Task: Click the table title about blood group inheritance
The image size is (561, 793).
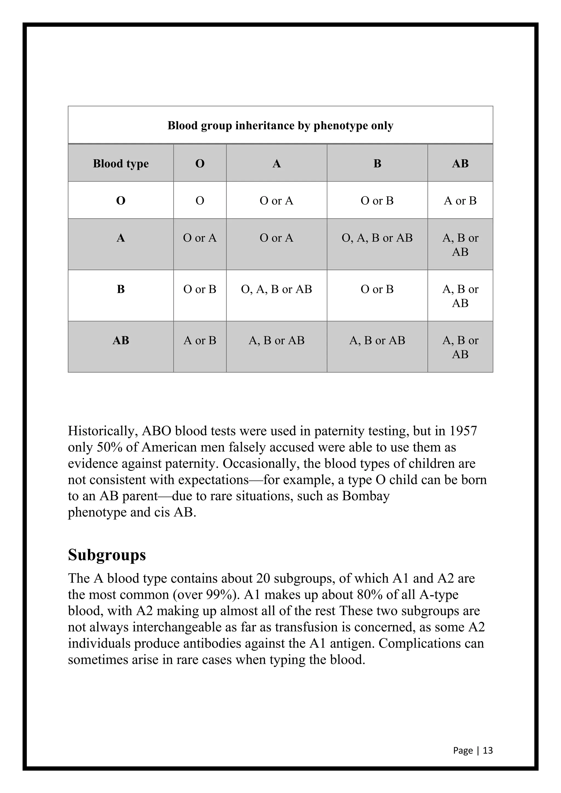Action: [280, 126]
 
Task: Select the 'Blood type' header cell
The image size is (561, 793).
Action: [121, 163]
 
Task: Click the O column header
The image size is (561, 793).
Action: [200, 163]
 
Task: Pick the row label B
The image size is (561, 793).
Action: [121, 289]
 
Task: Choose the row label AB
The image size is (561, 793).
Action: [121, 341]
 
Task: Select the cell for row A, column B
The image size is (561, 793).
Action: [377, 238]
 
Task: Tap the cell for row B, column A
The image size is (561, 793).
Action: [276, 289]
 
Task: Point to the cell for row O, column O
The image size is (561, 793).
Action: [200, 201]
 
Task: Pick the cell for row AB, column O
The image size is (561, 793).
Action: [200, 341]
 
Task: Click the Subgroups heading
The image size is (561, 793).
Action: [107, 555]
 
